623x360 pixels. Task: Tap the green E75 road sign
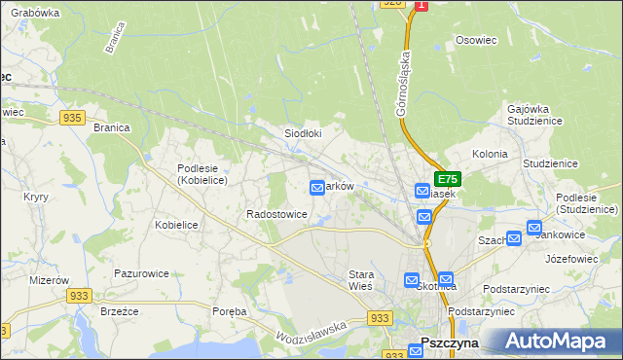click(447, 179)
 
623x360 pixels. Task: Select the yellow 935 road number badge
click(71, 117)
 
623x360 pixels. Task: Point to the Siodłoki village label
click(302, 133)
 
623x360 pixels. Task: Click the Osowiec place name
click(476, 41)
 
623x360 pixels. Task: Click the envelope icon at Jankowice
click(534, 228)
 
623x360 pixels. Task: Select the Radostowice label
click(277, 214)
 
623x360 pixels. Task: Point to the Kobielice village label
click(177, 225)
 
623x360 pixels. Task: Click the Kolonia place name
click(490, 154)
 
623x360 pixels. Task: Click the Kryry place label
click(36, 197)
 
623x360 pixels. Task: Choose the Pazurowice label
click(142, 274)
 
